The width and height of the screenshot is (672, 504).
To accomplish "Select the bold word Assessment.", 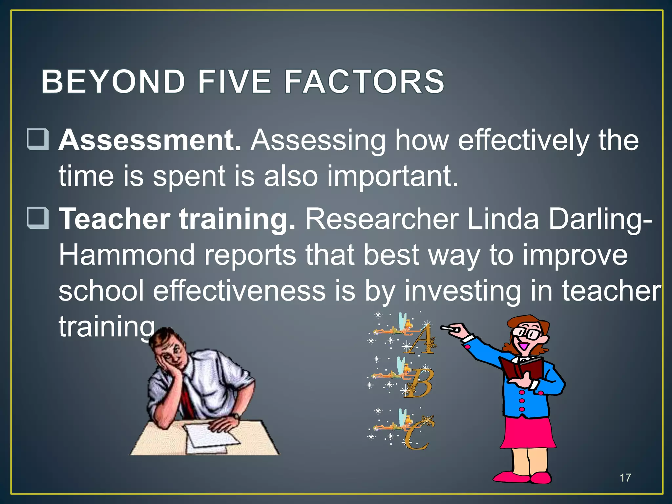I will coord(150,140).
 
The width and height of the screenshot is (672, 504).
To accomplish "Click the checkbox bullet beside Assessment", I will coord(38,139).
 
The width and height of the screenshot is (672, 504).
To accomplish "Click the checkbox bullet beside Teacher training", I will coord(38,218).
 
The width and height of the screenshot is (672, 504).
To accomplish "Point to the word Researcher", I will coord(382,219).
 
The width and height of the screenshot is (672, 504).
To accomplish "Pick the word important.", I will coord(392,176).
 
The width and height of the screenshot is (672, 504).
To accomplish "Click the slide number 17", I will coord(625,478).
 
